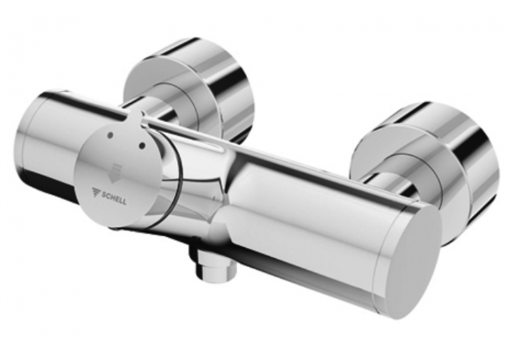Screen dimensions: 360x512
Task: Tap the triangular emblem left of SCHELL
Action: [x=97, y=193]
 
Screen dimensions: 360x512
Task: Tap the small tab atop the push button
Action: [x=136, y=117]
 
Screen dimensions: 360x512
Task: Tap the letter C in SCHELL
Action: [x=110, y=193]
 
